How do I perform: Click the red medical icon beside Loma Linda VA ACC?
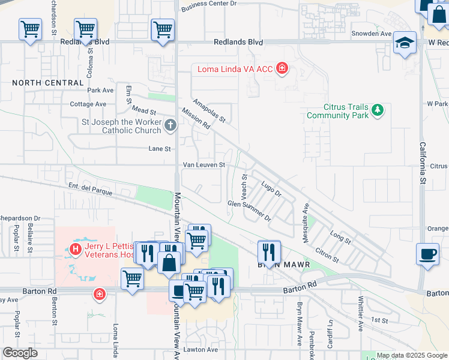tap(282, 70)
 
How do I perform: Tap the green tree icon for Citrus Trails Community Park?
tap(377, 110)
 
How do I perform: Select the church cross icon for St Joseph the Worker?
tap(170, 126)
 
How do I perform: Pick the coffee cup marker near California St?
tap(427, 253)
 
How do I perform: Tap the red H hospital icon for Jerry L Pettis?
tap(76, 249)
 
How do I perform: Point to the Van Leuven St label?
tap(204, 164)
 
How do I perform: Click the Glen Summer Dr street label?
tap(249, 209)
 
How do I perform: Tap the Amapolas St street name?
tap(209, 111)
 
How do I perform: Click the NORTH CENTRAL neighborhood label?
tap(47, 82)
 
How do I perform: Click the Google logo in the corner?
tap(20, 353)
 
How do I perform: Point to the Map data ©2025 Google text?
tap(411, 355)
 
